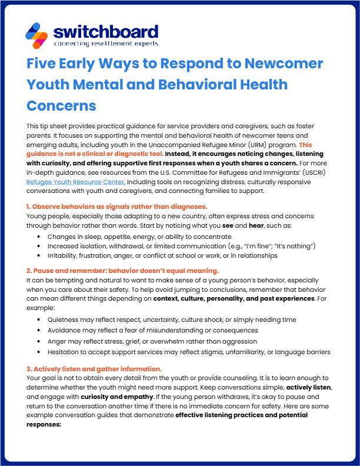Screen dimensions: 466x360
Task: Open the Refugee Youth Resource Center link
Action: [76, 182]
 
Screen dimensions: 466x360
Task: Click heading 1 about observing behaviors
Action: [116, 207]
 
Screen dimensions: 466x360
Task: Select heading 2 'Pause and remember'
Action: [122, 271]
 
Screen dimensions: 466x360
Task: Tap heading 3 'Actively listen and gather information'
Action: [94, 368]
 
